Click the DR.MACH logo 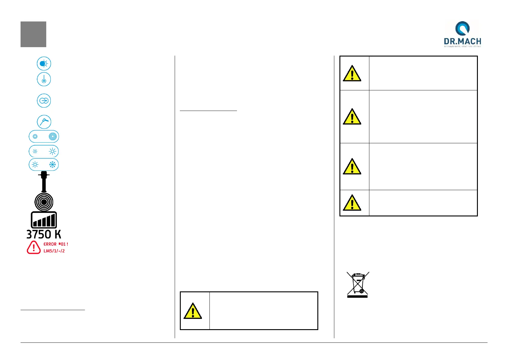[462, 34]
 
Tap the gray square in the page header [33, 34]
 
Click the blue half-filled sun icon [44, 64]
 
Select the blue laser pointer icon [44, 79]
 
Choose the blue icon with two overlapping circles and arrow [44, 101]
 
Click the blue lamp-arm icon [44, 122]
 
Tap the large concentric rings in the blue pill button [53, 137]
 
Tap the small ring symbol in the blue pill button [35, 137]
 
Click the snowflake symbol [53, 165]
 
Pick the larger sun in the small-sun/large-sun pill [53, 151]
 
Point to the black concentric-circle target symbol [44, 202]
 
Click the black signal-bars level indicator [44, 220]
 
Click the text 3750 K [44, 235]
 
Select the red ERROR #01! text [56, 244]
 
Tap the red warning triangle [34, 248]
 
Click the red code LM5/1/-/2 [54, 251]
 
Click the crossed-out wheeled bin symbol [358, 284]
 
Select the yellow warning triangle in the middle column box [193, 311]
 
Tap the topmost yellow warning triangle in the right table [352, 73]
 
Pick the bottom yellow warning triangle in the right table [352, 203]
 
